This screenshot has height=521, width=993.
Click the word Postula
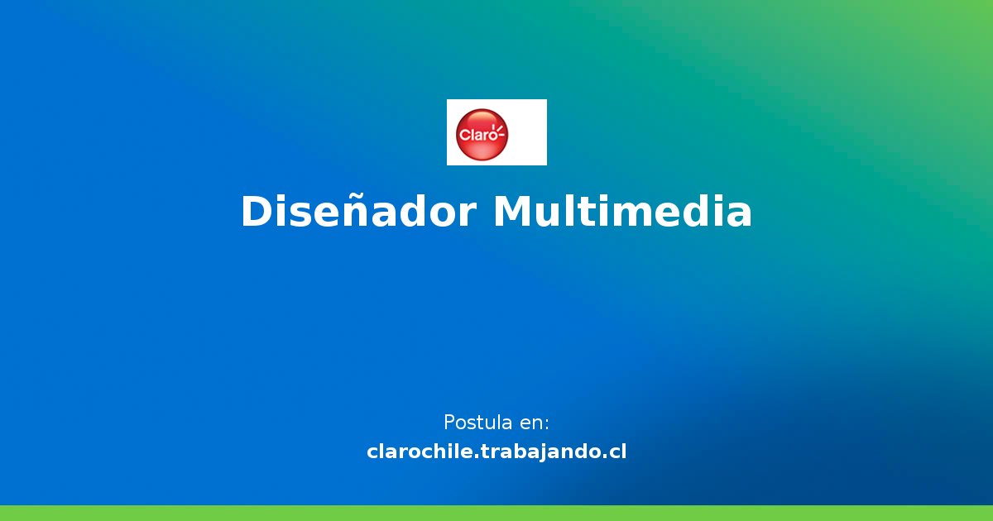(x=477, y=423)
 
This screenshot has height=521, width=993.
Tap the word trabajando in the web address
(x=543, y=452)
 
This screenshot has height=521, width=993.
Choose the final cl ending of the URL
(x=617, y=452)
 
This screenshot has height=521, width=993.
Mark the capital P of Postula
(x=449, y=423)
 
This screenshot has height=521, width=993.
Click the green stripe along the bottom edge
(x=496, y=513)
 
